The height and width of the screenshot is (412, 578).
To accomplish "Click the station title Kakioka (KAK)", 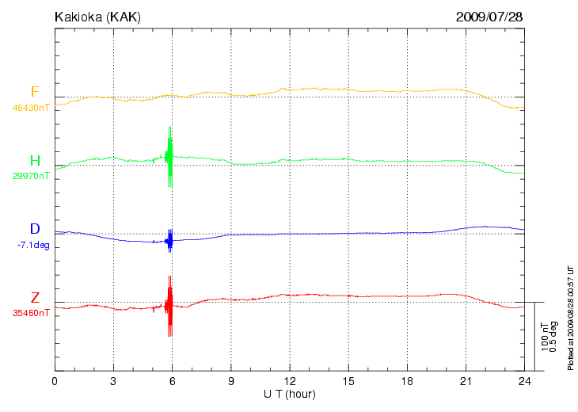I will [x=97, y=17].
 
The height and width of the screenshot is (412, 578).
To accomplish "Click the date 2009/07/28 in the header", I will [x=489, y=17].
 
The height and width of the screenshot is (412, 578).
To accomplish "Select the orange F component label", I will [x=35, y=92].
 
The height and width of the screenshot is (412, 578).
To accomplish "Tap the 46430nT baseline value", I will [x=32, y=107].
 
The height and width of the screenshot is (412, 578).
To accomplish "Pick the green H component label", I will [x=35, y=161].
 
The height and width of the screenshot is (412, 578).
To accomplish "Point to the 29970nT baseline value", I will [x=32, y=176].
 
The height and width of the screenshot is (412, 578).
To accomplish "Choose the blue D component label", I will [x=35, y=230].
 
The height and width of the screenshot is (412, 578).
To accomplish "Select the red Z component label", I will [x=35, y=298].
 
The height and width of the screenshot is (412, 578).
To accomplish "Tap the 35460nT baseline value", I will [x=32, y=313].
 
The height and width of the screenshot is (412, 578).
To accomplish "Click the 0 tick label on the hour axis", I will [x=55, y=382].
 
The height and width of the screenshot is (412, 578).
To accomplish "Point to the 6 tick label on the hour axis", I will [x=172, y=382].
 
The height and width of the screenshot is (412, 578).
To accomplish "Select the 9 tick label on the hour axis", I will [x=230, y=382].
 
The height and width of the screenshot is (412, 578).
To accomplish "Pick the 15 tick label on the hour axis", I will [x=348, y=382].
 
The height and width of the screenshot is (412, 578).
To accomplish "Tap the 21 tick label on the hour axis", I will [x=465, y=382].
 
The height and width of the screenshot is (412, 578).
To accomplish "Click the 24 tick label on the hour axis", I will [x=523, y=382].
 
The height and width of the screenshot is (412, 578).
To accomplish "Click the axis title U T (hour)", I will [x=290, y=394].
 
